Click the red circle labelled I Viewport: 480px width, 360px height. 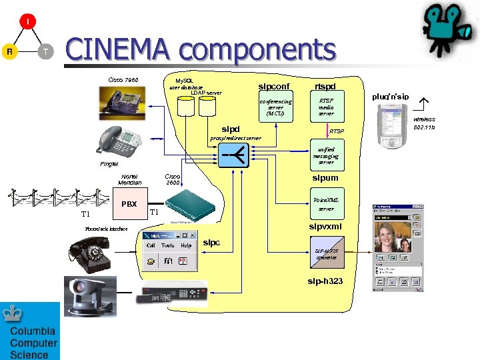coord(27,22)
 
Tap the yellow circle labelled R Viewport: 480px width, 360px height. coord(9,51)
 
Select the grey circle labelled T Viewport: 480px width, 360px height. coord(45,51)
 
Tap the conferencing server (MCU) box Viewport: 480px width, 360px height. coord(275,107)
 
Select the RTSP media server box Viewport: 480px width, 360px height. coord(326,107)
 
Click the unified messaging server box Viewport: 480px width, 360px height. coord(326,156)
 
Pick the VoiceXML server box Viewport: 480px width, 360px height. coord(326,204)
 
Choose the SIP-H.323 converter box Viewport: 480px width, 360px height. coord(326,254)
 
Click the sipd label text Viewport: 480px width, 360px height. coord(230,129)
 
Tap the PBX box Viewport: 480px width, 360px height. coord(129,203)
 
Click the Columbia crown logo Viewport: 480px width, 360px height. coord(14,315)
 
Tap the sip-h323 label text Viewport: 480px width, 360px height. coord(325,281)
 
